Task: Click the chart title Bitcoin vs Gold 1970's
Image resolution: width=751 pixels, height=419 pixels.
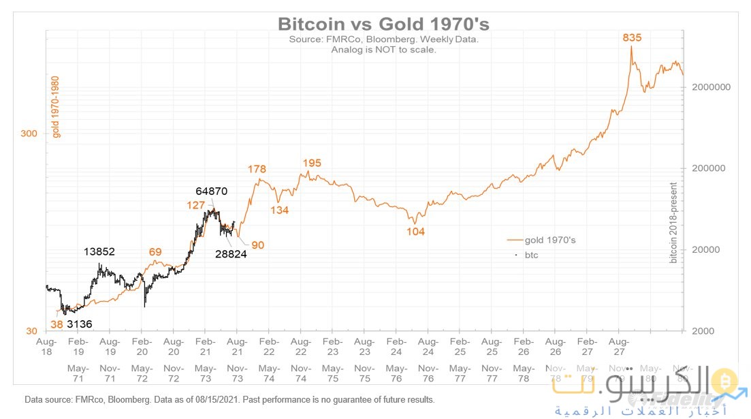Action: click(x=383, y=24)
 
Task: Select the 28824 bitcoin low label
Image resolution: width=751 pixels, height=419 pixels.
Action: click(x=231, y=254)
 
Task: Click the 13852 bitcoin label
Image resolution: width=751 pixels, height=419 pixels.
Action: click(x=99, y=251)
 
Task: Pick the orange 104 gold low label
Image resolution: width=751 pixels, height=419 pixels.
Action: click(x=415, y=232)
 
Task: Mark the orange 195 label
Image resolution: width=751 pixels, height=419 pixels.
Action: click(x=312, y=163)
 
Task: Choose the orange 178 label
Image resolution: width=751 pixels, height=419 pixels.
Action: click(x=257, y=169)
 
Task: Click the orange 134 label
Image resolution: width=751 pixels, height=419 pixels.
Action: click(x=279, y=210)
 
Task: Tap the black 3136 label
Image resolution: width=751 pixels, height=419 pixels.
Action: click(x=80, y=324)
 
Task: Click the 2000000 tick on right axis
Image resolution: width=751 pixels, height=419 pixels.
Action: click(x=710, y=87)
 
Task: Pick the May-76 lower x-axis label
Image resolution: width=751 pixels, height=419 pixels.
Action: click(x=396, y=373)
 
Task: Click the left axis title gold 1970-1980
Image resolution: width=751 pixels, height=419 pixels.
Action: click(x=57, y=106)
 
